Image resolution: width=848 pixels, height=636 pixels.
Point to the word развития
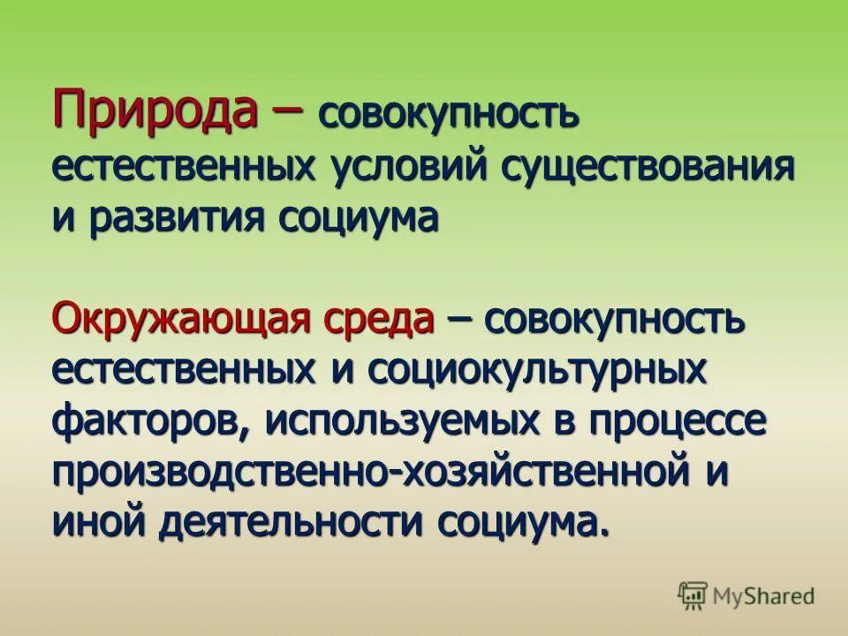click(175, 218)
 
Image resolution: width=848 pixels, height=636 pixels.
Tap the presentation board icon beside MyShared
click(693, 594)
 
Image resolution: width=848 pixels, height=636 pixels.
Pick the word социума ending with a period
click(521, 522)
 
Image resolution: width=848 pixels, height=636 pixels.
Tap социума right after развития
click(359, 218)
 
